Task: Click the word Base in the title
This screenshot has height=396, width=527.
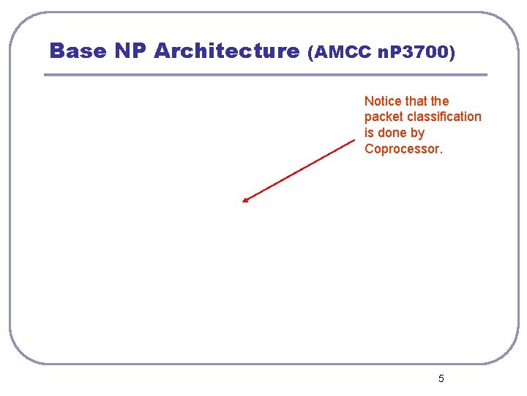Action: (77, 51)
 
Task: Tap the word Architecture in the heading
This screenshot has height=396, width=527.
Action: (227, 51)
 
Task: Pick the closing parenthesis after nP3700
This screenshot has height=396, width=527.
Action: (452, 53)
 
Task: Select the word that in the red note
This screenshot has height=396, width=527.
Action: (416, 101)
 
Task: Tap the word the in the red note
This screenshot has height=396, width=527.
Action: (440, 101)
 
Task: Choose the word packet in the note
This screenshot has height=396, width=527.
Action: (382, 117)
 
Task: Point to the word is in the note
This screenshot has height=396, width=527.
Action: (369, 133)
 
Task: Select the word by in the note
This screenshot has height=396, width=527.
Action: (417, 133)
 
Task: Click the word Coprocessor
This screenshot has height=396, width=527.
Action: (402, 150)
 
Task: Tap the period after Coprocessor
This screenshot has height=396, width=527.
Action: (441, 153)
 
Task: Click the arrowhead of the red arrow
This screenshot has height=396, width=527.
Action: (245, 199)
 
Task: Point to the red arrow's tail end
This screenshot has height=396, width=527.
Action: (354, 141)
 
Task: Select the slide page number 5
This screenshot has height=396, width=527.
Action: (441, 379)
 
